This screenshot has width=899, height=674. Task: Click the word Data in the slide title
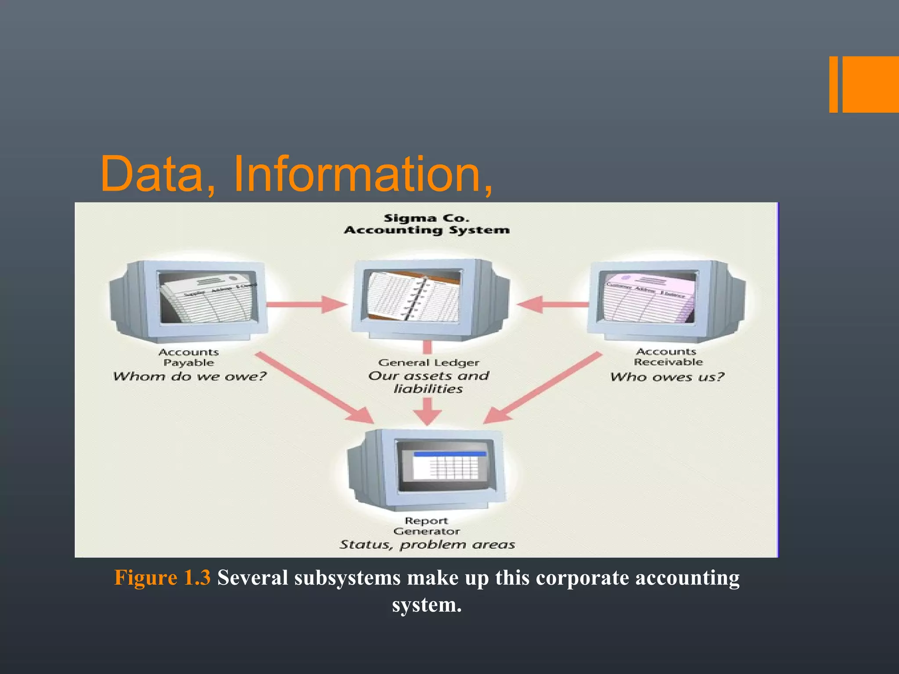tap(151, 174)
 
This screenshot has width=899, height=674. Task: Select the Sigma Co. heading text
tap(426, 218)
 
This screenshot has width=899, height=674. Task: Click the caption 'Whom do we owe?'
tap(190, 376)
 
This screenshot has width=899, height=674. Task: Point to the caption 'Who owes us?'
tap(667, 377)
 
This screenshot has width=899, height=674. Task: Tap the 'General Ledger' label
tap(428, 363)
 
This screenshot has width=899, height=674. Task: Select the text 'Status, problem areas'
tap(427, 545)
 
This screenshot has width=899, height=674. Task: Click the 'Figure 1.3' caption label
tap(162, 577)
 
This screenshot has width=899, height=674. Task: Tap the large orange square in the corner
tap(871, 84)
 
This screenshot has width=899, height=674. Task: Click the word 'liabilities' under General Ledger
tap(428, 389)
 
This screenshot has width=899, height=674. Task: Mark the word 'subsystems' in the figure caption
tap(347, 577)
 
